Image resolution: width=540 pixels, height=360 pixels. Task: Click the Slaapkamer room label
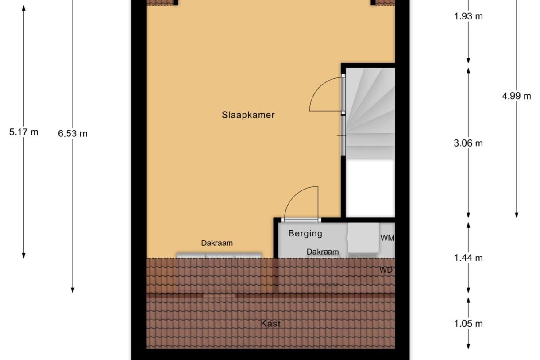tap(248, 115)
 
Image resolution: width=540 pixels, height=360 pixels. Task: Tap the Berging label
tap(305, 233)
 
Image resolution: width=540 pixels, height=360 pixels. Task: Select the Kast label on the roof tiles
tap(270, 324)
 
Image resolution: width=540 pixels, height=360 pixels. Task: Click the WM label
tap(387, 238)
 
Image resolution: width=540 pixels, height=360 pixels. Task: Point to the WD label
tap(386, 270)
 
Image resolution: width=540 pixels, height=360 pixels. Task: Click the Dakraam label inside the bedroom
tap(217, 243)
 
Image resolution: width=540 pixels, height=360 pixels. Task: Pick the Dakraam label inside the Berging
tap(323, 252)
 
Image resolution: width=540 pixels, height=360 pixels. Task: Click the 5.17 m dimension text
tap(23, 132)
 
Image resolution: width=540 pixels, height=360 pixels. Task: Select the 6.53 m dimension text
tap(73, 133)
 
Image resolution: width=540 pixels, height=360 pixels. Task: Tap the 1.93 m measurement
tap(468, 17)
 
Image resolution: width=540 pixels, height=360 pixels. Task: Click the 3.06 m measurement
tap(468, 143)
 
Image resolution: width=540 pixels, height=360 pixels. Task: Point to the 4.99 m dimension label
tap(517, 96)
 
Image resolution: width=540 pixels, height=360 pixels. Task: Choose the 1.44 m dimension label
tap(468, 258)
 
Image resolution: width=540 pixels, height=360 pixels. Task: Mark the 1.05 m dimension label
tap(468, 324)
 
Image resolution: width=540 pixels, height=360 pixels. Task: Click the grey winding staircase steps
tap(370, 111)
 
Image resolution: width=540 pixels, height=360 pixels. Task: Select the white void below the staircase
tap(370, 188)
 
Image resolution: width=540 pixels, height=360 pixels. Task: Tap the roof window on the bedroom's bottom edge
tap(219, 255)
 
